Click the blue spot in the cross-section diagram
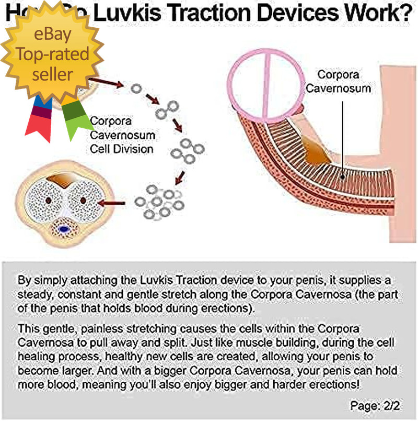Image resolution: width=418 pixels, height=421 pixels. (x=65, y=229)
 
